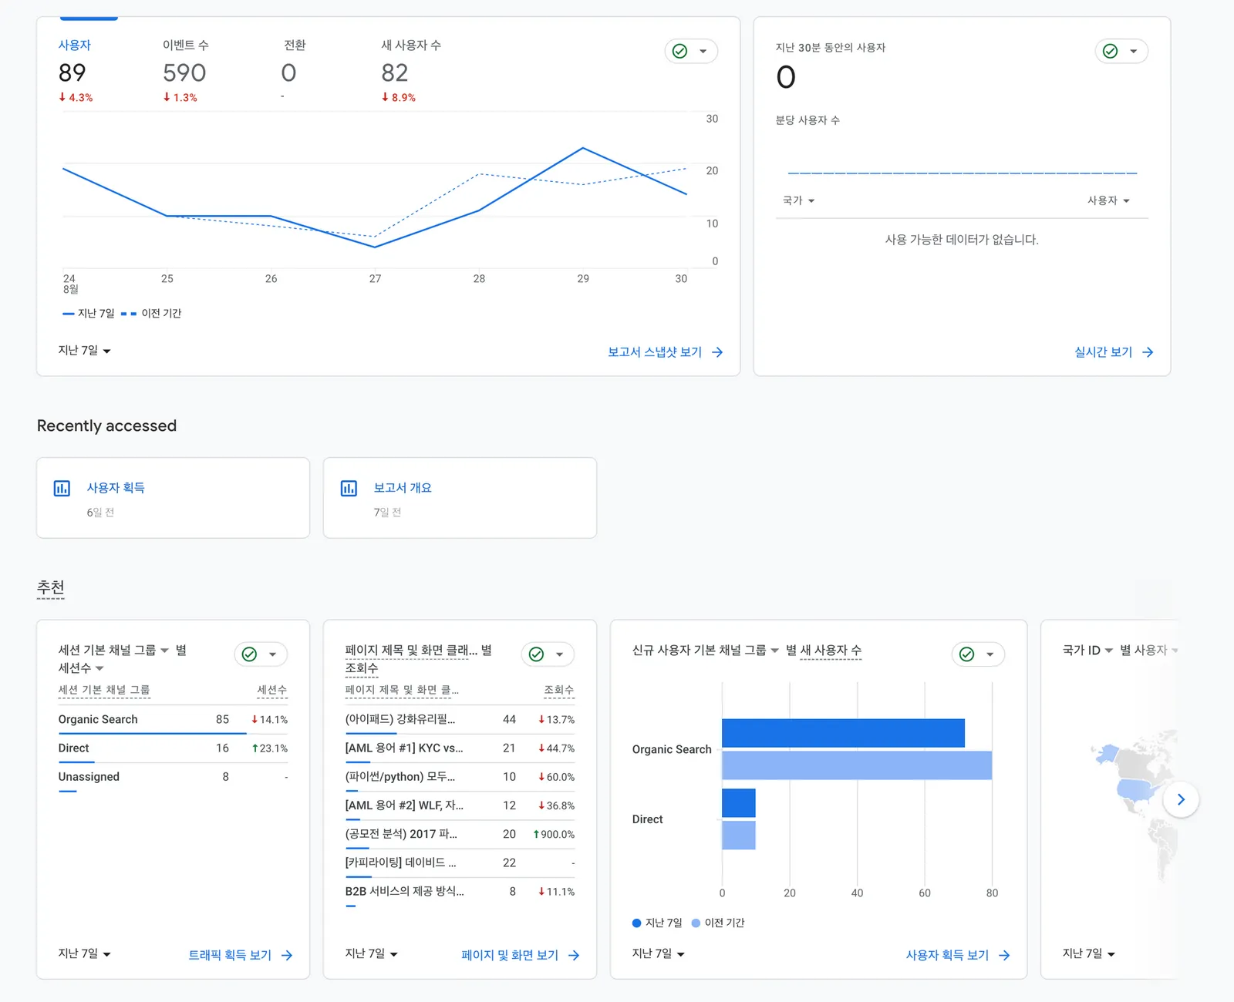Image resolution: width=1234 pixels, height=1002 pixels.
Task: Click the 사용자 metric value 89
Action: [x=72, y=73]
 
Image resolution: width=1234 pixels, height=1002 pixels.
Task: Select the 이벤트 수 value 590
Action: [x=184, y=73]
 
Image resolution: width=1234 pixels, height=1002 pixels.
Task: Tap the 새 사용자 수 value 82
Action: [x=395, y=73]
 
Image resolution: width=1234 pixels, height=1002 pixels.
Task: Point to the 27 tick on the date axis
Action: [x=375, y=278]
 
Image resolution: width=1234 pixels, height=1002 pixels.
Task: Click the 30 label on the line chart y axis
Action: [x=711, y=119]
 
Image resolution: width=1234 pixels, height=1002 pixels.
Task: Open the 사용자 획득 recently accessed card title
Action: [x=116, y=487]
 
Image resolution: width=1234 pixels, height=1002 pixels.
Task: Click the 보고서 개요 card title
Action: [x=403, y=487]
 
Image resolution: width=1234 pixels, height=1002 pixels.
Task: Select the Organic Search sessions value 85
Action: [x=222, y=719]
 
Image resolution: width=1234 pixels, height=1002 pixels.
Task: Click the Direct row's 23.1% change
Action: [x=270, y=748]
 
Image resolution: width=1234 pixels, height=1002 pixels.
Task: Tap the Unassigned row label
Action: [x=89, y=776]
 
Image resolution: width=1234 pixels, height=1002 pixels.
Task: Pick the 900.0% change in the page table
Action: [x=554, y=833]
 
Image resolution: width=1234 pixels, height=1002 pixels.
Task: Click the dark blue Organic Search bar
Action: [x=843, y=733]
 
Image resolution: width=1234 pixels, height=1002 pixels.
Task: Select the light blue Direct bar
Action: [x=739, y=835]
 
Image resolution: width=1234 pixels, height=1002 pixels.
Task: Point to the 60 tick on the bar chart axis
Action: [x=924, y=893]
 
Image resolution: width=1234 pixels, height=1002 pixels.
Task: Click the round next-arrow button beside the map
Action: [x=1181, y=799]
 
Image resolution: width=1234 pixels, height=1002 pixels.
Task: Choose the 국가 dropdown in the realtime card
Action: [x=798, y=200]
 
